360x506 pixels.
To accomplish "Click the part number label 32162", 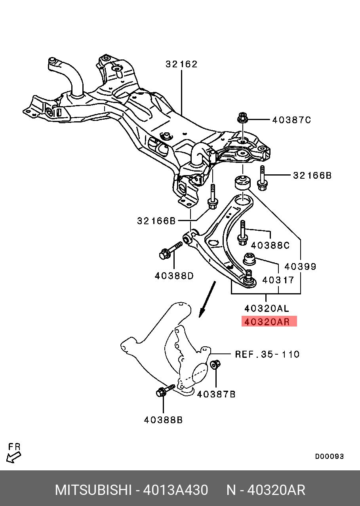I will coord(181,64).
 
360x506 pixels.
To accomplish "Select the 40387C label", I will coord(291,120).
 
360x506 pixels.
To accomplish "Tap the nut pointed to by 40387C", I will coord(242,118).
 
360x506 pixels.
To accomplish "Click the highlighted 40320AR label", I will coord(269,321).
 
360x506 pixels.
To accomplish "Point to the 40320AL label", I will coord(267,308).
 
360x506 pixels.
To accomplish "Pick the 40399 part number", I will coord(301,266).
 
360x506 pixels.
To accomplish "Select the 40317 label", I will coord(278,280).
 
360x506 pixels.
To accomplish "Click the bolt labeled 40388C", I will coord(242,234).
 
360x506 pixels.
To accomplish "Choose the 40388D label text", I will coord(174,275).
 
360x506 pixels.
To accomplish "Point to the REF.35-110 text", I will coord(267,354).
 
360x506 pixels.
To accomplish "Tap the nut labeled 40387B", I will coord(216,365).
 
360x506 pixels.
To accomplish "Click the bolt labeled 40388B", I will coord(164,391).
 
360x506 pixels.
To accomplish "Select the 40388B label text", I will coord(163,420).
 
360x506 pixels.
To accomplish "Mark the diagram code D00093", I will coord(329,456).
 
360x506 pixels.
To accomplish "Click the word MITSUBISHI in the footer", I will coord(93,490).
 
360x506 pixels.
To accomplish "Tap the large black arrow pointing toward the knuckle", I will coord(207,299).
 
